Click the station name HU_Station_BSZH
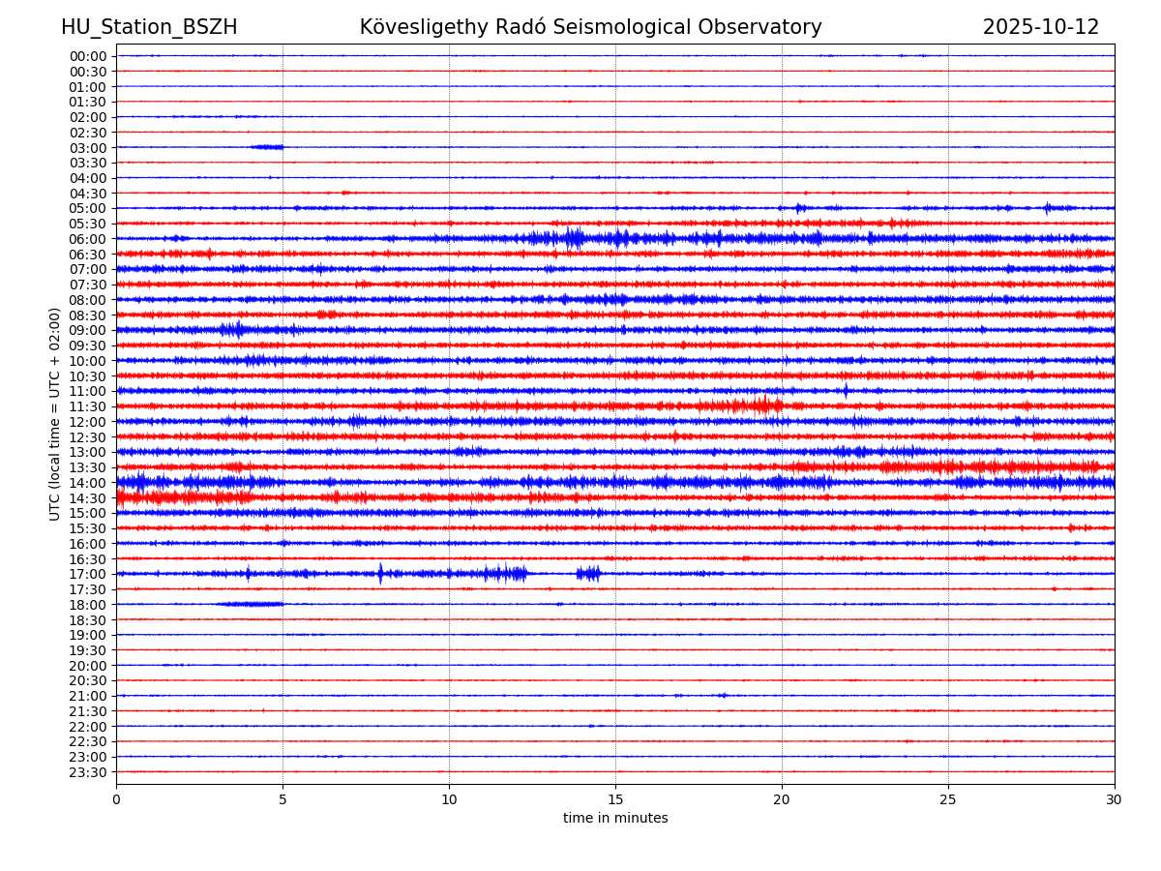coord(149,28)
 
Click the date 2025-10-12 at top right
coord(1041,28)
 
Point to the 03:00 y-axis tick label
coord(88,148)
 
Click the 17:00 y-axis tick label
coord(88,575)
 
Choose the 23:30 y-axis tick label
coord(88,772)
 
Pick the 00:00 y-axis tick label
coord(88,56)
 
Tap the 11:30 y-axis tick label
coord(88,407)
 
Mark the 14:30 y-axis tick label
coord(88,498)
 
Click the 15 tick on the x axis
coord(615,800)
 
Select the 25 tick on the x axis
coord(948,800)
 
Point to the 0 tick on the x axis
coord(116,800)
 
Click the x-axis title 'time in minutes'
coord(615,819)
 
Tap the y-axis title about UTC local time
coord(55,414)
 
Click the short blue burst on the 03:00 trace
coord(267,147)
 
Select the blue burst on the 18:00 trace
coord(252,604)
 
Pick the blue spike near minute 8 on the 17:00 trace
coord(380,573)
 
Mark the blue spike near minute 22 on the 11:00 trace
coord(846,391)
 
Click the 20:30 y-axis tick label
coord(88,681)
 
